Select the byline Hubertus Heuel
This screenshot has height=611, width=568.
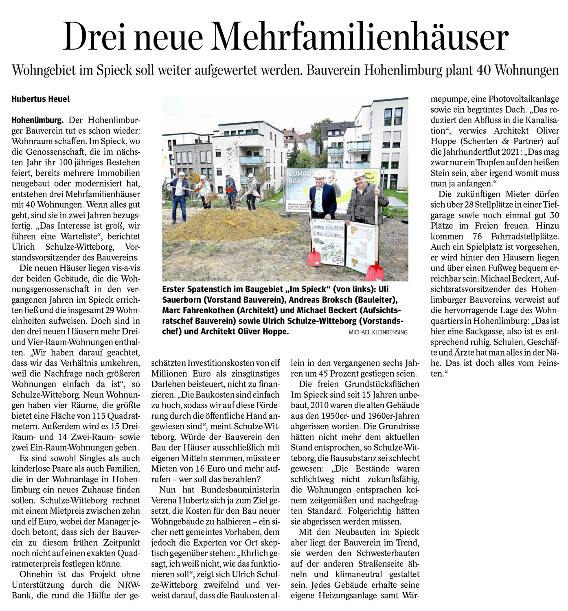pyautogui.click(x=41, y=99)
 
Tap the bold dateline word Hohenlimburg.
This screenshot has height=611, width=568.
pyautogui.click(x=37, y=120)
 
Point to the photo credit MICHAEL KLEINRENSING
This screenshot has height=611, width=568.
pyautogui.click(x=378, y=332)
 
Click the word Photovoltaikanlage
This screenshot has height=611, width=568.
pyautogui.click(x=524, y=99)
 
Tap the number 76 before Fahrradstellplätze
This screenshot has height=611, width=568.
pyautogui.click(x=478, y=236)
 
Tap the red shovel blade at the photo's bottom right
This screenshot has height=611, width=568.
pyautogui.click(x=375, y=271)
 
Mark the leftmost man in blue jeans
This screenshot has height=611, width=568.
pyautogui.click(x=178, y=196)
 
